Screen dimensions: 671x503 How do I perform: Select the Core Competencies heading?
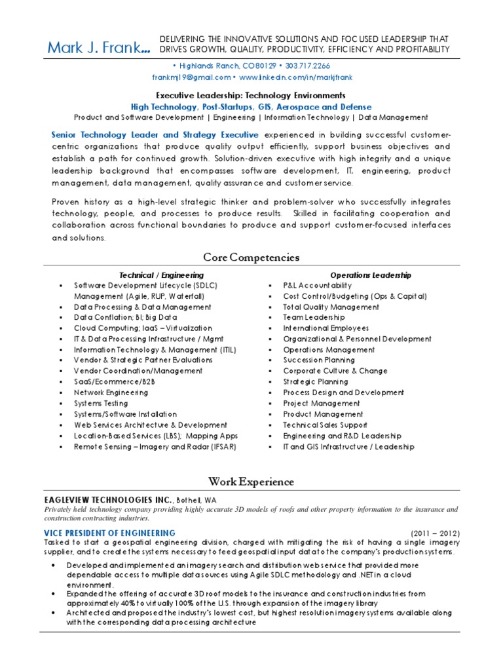pos(251,257)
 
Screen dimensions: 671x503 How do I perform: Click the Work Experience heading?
pos(251,482)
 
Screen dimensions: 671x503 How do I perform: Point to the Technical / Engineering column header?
pos(161,275)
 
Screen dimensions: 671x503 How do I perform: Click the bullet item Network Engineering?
pos(111,393)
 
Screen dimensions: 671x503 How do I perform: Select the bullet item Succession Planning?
pos(319,360)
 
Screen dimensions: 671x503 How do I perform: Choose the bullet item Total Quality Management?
pos(331,307)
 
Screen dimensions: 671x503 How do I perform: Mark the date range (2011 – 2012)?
pos(436,533)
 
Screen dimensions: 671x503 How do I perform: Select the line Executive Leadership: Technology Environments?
pos(251,96)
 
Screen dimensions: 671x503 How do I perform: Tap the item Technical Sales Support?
pos(324,425)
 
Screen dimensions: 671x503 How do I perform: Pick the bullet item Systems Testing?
pos(101,403)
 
